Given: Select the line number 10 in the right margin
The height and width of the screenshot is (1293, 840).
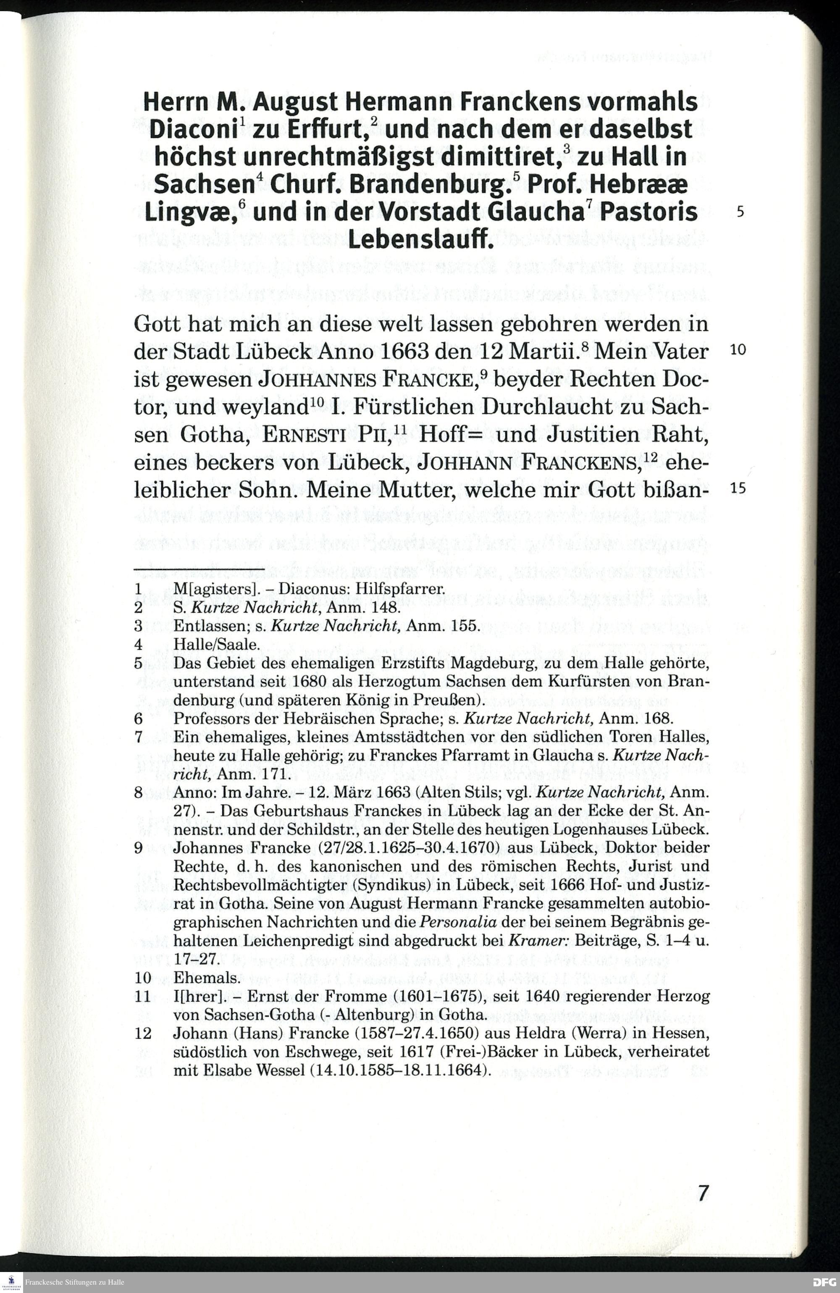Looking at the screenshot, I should click(738, 350).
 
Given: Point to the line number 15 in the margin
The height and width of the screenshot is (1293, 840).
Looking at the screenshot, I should click(738, 488).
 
